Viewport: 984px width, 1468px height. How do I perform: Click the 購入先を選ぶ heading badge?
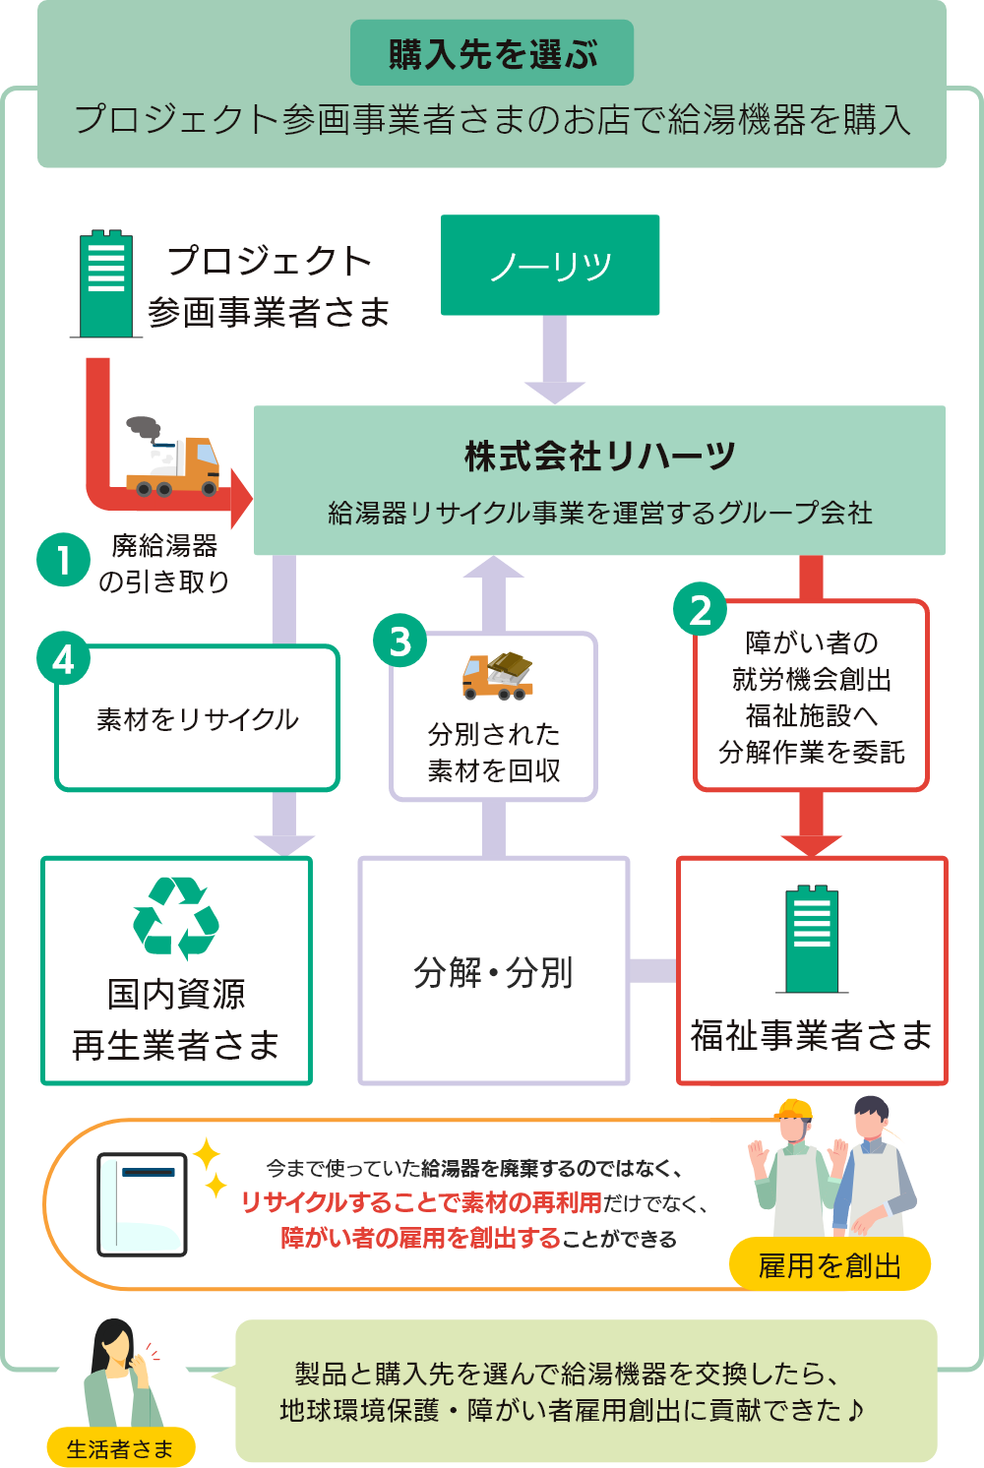pos(492,53)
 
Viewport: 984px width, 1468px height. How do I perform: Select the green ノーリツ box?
pos(550,265)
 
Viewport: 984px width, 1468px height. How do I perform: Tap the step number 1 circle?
pos(63,560)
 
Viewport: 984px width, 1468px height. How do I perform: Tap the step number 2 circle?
pos(700,609)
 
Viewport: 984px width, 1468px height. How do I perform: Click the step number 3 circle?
pos(400,641)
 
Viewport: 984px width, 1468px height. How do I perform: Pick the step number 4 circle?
pos(63,658)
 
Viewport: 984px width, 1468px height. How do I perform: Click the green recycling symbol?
pos(176,917)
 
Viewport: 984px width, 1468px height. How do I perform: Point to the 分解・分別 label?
pos(493,972)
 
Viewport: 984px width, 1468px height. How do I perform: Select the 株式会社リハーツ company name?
pos(599,457)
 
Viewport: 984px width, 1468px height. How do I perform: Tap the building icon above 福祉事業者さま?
pos(812,939)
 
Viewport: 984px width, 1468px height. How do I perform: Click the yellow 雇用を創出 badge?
pos(830,1265)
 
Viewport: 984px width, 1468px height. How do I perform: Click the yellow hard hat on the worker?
pos(793,1110)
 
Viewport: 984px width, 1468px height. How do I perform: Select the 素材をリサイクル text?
pos(198,719)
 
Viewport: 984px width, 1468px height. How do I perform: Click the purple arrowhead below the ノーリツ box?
pos(555,391)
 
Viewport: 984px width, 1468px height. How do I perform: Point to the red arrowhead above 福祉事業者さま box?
pos(812,844)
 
